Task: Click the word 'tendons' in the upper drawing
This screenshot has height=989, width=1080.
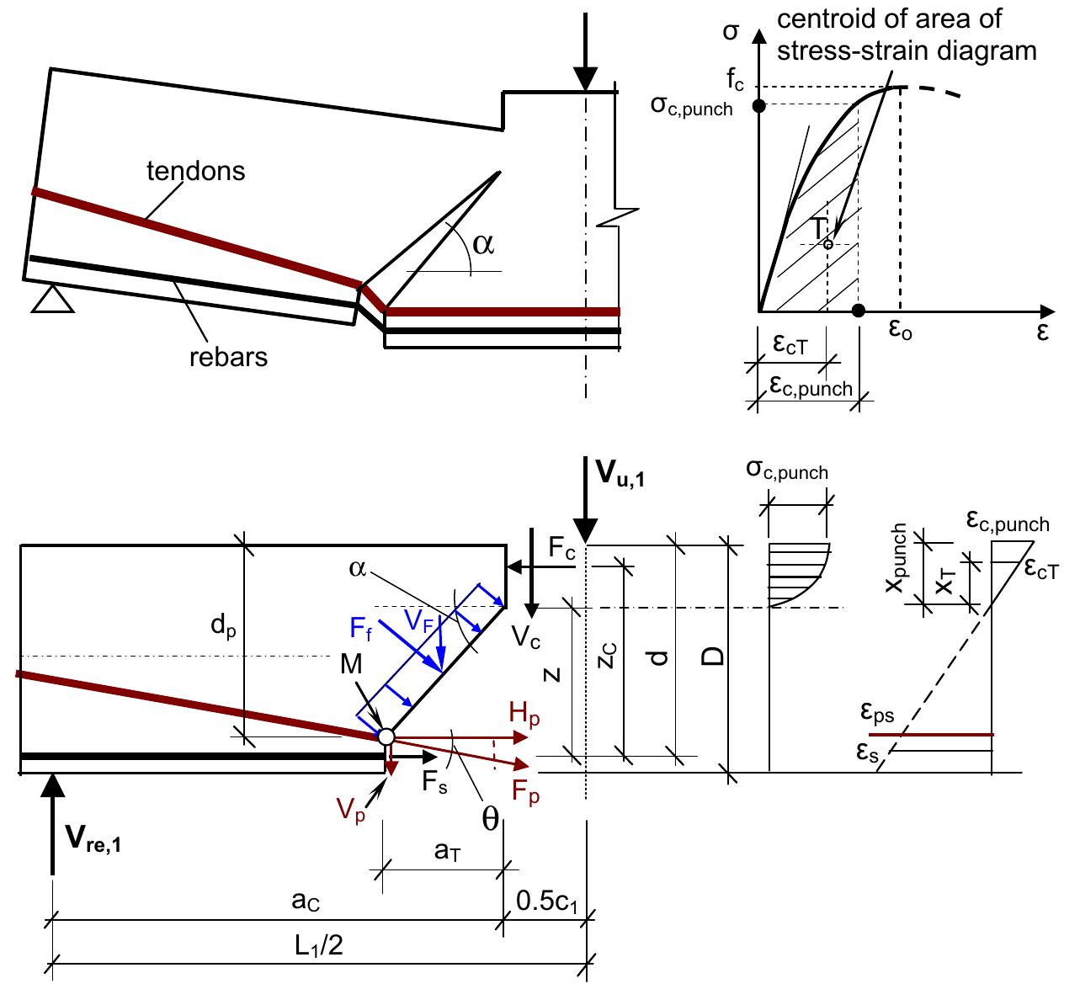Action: (195, 171)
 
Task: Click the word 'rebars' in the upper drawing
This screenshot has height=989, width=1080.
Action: (228, 357)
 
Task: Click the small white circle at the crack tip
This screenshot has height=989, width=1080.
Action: (386, 736)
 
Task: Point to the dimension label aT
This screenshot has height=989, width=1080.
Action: (447, 852)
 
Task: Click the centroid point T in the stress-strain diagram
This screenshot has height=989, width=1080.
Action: (827, 244)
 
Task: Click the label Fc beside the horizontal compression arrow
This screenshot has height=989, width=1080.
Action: (561, 548)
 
